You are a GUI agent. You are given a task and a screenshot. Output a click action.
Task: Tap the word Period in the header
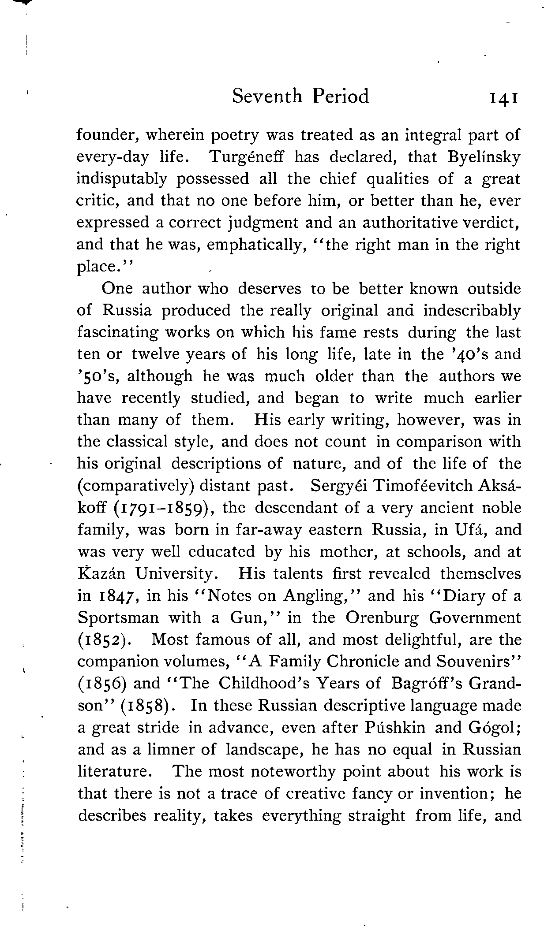coord(340,96)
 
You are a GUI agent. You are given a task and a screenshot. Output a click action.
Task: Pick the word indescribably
coord(472,311)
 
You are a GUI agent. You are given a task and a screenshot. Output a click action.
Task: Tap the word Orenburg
coord(382,618)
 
